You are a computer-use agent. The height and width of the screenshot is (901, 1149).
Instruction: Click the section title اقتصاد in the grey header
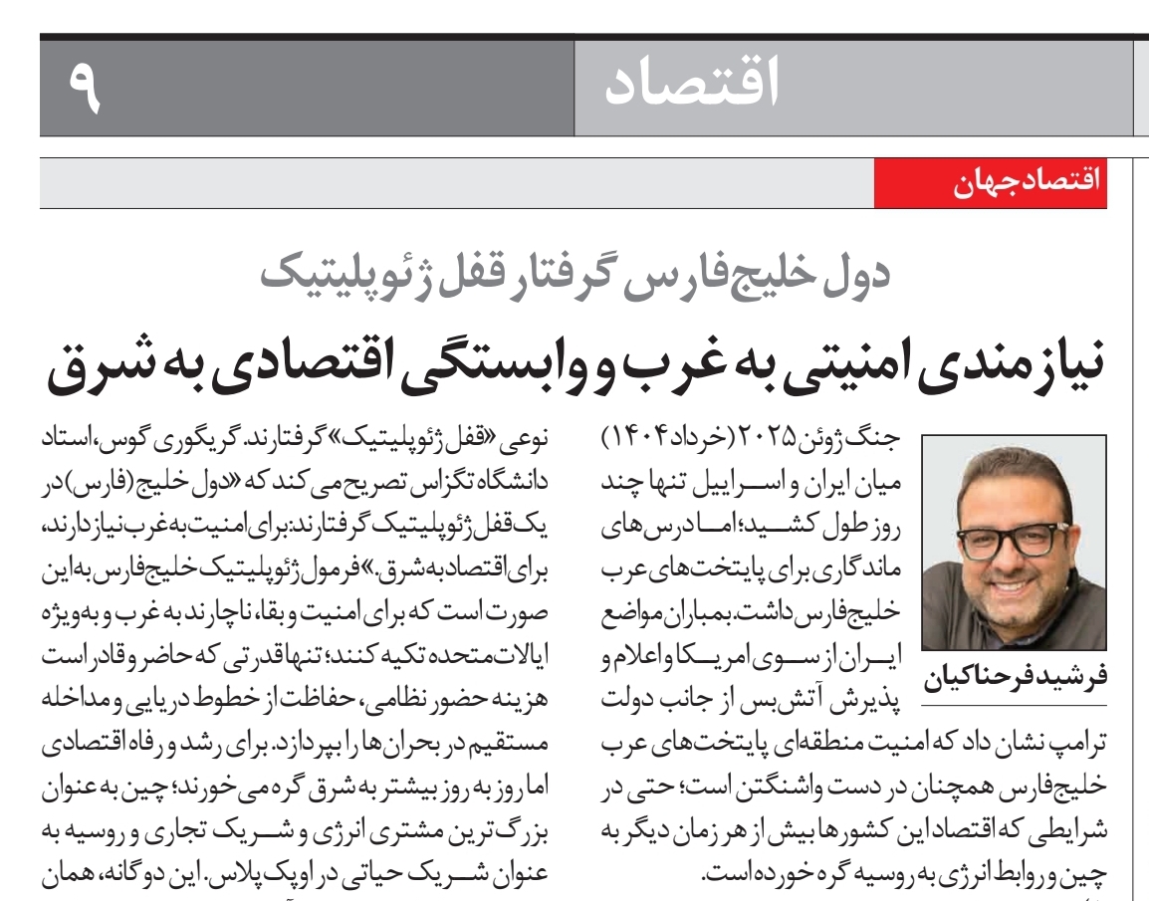coord(692,85)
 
